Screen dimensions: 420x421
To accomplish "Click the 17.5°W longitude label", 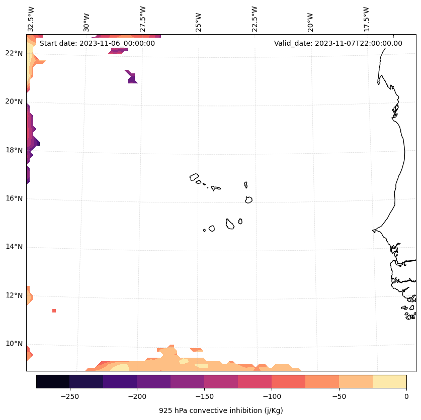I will pyautogui.click(x=366, y=19).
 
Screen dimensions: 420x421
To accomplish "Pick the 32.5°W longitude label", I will pyautogui.click(x=31, y=19).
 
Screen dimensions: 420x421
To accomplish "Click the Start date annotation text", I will pyautogui.click(x=97, y=43).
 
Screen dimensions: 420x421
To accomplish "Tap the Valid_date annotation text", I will pyautogui.click(x=338, y=43).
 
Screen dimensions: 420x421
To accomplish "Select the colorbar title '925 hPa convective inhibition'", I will pyautogui.click(x=221, y=410).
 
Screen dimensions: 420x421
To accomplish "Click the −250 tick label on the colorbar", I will pyautogui.click(x=69, y=396).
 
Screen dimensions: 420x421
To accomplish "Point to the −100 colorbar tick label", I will pyautogui.click(x=272, y=396).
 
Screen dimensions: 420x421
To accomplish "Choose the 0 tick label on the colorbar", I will pyautogui.click(x=406, y=396).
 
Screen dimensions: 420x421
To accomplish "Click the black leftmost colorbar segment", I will pyautogui.click(x=53, y=381).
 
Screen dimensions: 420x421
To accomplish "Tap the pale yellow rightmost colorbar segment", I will pyautogui.click(x=389, y=381).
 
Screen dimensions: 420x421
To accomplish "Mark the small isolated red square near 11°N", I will pyautogui.click(x=54, y=310).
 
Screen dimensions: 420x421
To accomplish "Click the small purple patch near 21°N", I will pyautogui.click(x=132, y=77).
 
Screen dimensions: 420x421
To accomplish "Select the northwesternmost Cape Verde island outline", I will pyautogui.click(x=194, y=177).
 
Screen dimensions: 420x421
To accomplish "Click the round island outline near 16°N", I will pyautogui.click(x=248, y=199).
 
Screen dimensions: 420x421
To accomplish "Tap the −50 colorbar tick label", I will pyautogui.click(x=339, y=396).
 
